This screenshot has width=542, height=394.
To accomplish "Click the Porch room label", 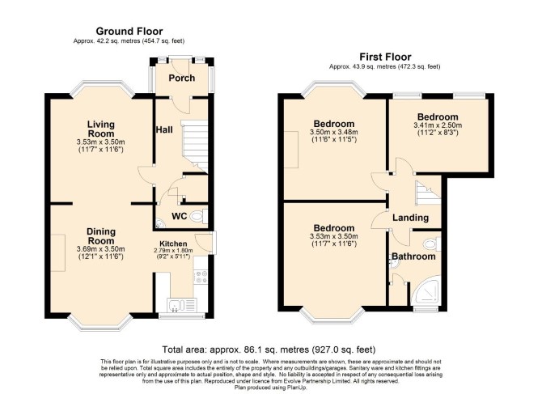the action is (x=181, y=78).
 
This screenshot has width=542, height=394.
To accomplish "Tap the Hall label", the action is (x=164, y=130).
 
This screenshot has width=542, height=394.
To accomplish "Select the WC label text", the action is (x=180, y=216).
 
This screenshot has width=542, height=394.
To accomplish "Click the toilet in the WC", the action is (x=199, y=217).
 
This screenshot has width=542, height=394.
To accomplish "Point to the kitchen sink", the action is (x=181, y=306).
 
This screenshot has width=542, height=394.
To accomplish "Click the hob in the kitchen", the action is (x=201, y=277).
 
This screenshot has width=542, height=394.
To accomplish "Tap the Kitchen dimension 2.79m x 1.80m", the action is (x=173, y=251).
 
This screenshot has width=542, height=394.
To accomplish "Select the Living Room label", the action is (x=100, y=129).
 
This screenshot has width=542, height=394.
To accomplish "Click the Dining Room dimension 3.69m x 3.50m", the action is (x=100, y=249).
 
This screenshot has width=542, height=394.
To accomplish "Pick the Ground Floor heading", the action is (x=129, y=31).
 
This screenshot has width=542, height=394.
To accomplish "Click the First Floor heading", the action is (x=385, y=57).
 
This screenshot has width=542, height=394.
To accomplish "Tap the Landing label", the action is (x=411, y=218).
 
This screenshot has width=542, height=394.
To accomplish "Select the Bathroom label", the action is (x=413, y=256).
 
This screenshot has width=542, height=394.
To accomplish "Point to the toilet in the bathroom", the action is (x=432, y=244).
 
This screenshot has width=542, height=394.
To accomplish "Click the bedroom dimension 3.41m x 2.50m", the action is (x=438, y=125).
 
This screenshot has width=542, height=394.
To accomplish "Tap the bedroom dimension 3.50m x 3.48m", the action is (x=334, y=133).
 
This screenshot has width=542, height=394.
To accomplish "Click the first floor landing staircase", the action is (x=428, y=193).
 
